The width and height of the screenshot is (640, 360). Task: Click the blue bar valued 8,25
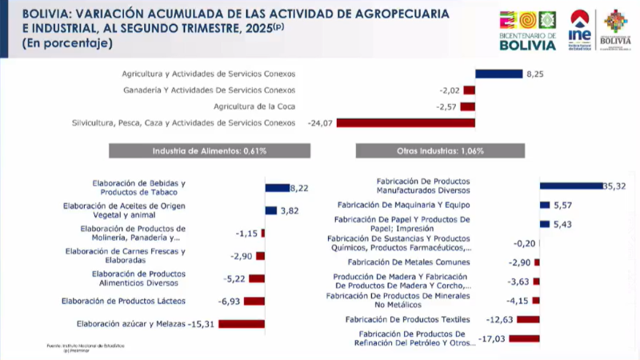(x=499, y=74)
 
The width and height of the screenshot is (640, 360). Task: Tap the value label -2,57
(x=446, y=106)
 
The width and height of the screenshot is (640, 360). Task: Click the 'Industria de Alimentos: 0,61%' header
(x=209, y=150)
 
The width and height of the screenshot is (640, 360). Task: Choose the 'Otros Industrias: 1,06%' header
(x=440, y=150)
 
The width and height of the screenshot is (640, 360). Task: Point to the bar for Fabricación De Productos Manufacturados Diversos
(x=570, y=186)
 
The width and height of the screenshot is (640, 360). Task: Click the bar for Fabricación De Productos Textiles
(x=528, y=319)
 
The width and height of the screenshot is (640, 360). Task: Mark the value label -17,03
(x=493, y=338)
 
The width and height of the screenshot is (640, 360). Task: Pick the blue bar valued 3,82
(x=270, y=210)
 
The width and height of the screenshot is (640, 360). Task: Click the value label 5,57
(x=562, y=205)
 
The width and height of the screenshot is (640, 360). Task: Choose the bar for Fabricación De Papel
(x=545, y=224)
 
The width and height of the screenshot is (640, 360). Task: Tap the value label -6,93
(x=230, y=301)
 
